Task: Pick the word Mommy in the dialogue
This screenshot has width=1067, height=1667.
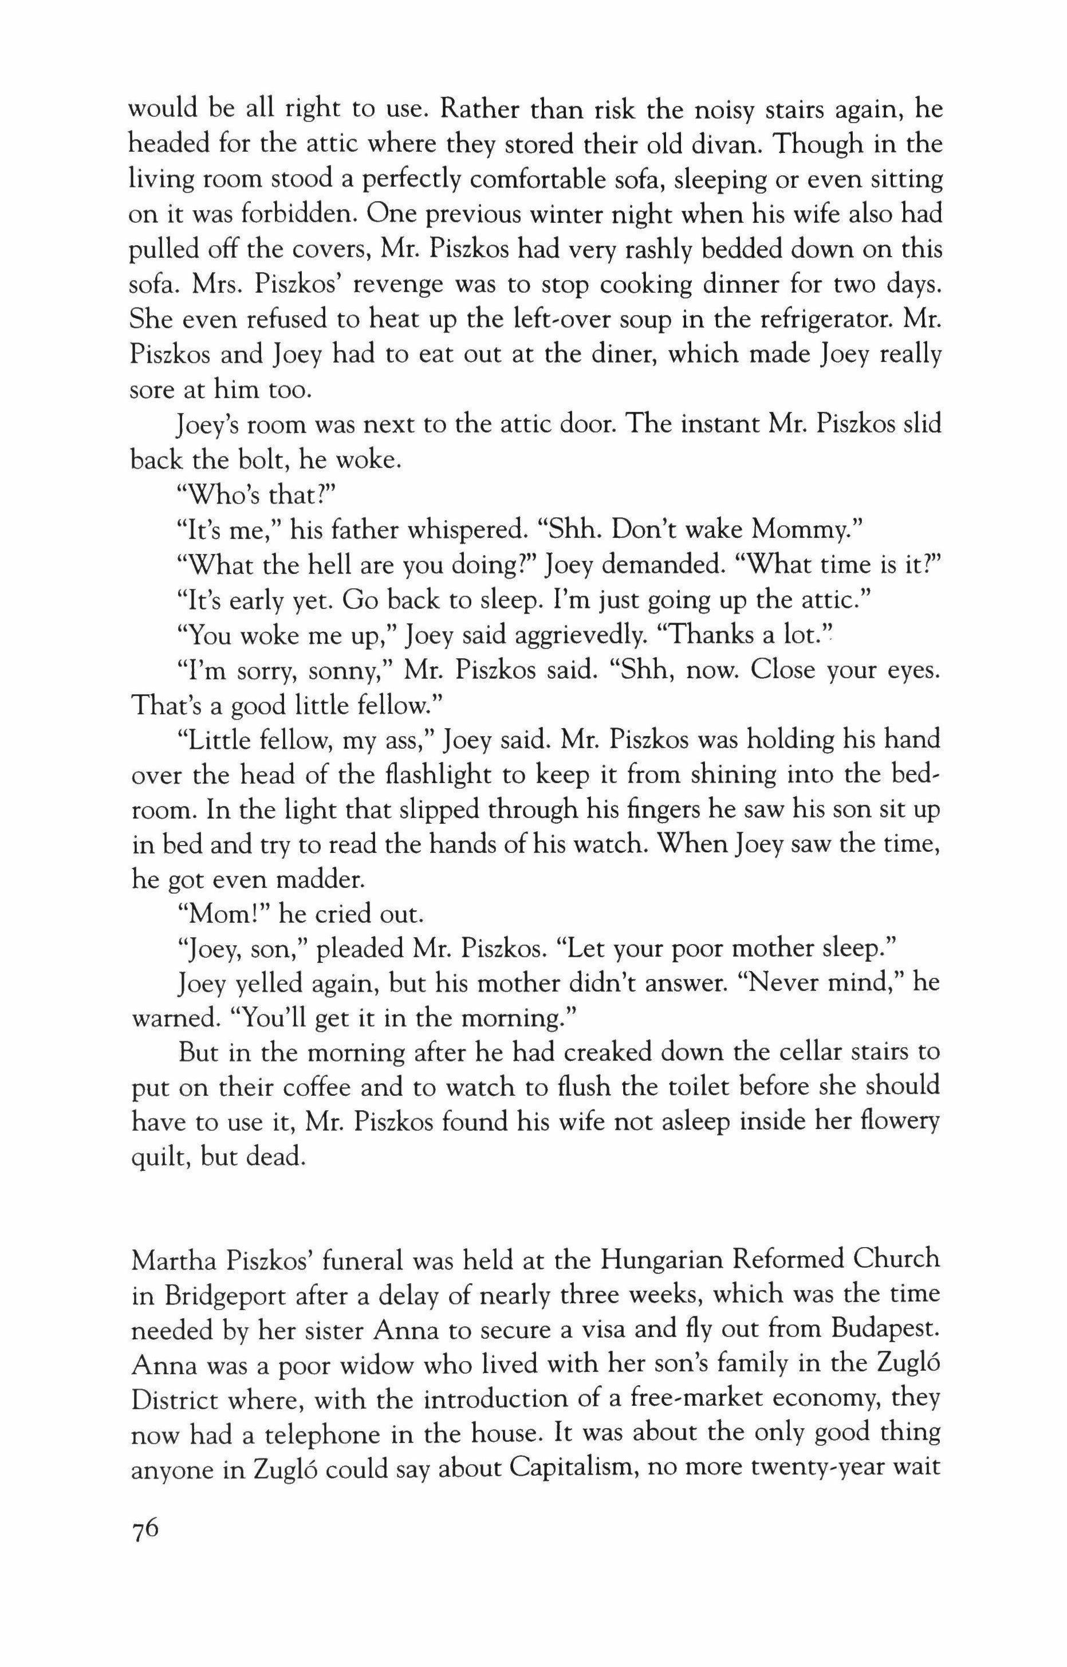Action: [x=804, y=530]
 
